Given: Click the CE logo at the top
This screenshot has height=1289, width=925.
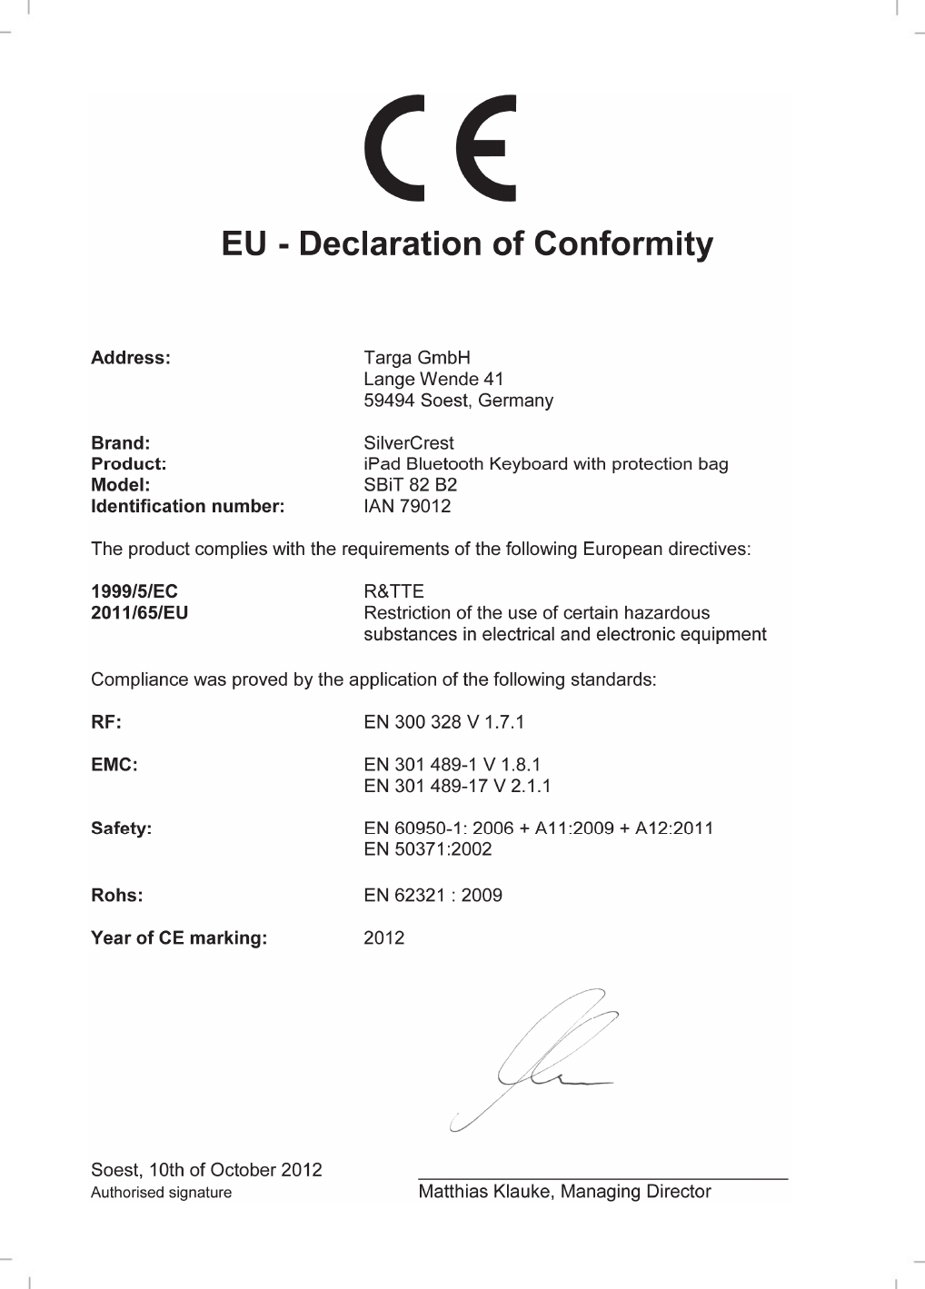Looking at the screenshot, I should (x=441, y=148).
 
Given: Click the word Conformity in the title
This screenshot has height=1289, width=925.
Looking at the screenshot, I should (x=623, y=243).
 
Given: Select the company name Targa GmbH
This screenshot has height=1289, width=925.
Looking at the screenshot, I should (x=417, y=358).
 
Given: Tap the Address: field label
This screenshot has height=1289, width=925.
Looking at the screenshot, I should (x=131, y=358).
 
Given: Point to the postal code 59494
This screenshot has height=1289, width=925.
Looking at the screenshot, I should (x=390, y=401).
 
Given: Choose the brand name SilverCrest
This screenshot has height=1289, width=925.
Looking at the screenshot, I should (x=409, y=443).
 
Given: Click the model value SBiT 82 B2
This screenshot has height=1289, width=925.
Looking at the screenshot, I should (x=411, y=485).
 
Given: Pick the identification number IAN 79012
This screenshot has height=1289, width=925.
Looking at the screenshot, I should (x=407, y=506).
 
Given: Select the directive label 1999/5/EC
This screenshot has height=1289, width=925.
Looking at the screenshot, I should (x=134, y=591).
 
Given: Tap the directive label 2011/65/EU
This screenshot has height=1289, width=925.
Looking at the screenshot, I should (x=140, y=613).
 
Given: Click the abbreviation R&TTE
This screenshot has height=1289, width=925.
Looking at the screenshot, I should (x=393, y=591).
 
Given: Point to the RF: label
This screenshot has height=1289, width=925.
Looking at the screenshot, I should (x=106, y=722).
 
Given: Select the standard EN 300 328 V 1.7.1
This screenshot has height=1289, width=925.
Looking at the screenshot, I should (x=444, y=722).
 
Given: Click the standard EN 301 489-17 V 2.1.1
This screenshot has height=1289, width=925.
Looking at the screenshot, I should (x=457, y=786).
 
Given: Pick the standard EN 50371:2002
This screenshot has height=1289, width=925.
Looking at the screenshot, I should (x=428, y=849).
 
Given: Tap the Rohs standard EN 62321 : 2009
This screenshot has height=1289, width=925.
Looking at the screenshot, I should (x=433, y=895).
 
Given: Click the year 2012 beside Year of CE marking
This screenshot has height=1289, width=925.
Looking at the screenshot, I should (x=384, y=937).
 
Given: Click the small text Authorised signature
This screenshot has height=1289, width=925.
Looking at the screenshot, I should (x=161, y=1193).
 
